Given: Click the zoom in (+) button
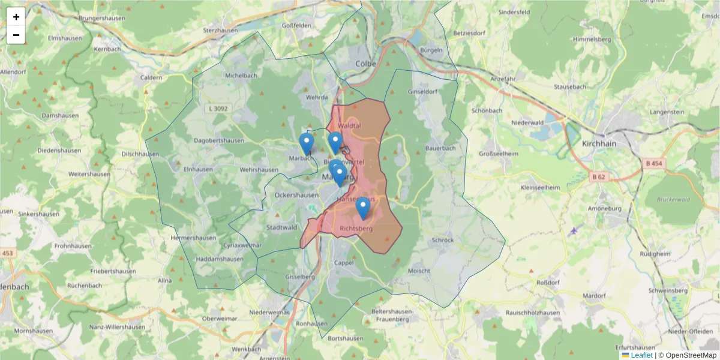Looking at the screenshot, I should pyautogui.click(x=16, y=17).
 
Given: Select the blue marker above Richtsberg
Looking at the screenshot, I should pyautogui.click(x=362, y=208).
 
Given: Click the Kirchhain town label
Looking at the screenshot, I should pyautogui.click(x=599, y=144).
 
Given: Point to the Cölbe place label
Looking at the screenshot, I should pyautogui.click(x=365, y=63).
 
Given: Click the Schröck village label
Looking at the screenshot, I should pyautogui.click(x=443, y=240).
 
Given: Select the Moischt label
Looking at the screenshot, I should pyautogui.click(x=419, y=271).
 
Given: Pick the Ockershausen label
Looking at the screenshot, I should pyautogui.click(x=296, y=195).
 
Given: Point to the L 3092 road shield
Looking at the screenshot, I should pyautogui.click(x=218, y=109).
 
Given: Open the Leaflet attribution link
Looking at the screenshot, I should pyautogui.click(x=641, y=355).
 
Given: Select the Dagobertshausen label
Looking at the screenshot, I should pyautogui.click(x=219, y=141).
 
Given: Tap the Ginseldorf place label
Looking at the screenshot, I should pyautogui.click(x=422, y=92).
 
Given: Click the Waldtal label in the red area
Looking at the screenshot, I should pyautogui.click(x=349, y=126).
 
